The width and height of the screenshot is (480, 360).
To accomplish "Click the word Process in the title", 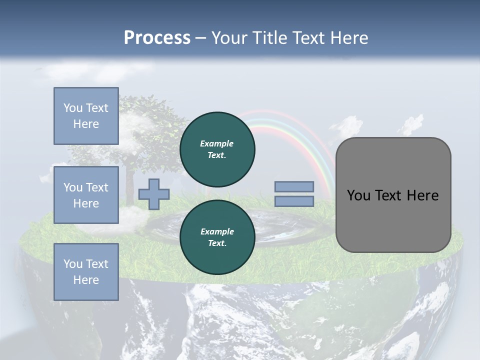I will (157, 38).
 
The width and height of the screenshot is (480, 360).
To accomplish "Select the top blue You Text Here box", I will (86, 116).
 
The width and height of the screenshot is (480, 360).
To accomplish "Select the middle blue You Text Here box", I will (86, 195).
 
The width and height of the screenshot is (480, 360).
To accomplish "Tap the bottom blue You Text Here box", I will (86, 272).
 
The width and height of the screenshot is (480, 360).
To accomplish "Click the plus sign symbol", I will (154, 194).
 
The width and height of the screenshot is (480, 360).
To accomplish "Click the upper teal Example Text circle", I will (217, 149).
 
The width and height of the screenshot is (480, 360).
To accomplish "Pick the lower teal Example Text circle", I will (217, 237).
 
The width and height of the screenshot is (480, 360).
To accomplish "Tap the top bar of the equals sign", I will (294, 187).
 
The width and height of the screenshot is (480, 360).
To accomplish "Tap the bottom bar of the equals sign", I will (294, 201).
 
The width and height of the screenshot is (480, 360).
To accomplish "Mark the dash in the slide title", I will (200, 38).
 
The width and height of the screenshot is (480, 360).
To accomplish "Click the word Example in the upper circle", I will (217, 143).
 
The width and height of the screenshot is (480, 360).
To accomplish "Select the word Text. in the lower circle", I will (217, 243).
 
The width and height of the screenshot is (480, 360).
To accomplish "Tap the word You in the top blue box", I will (72, 108).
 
